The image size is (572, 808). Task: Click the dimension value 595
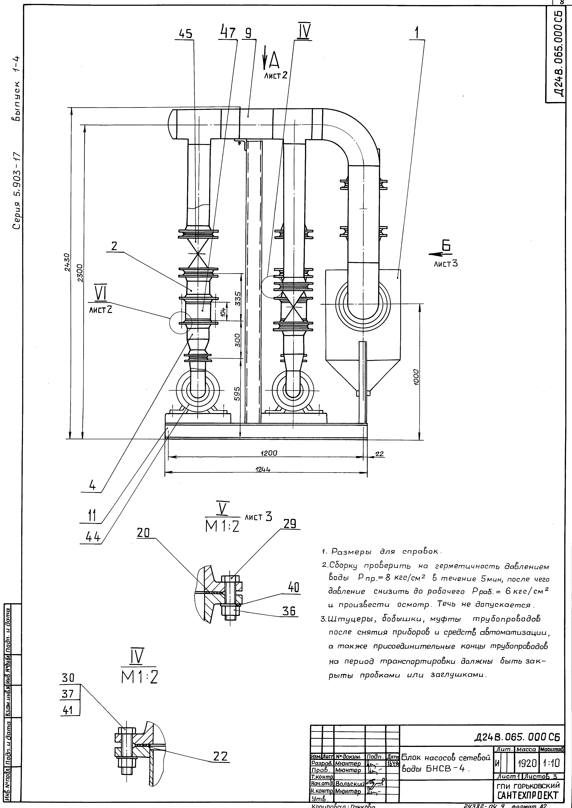(x=237, y=394)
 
